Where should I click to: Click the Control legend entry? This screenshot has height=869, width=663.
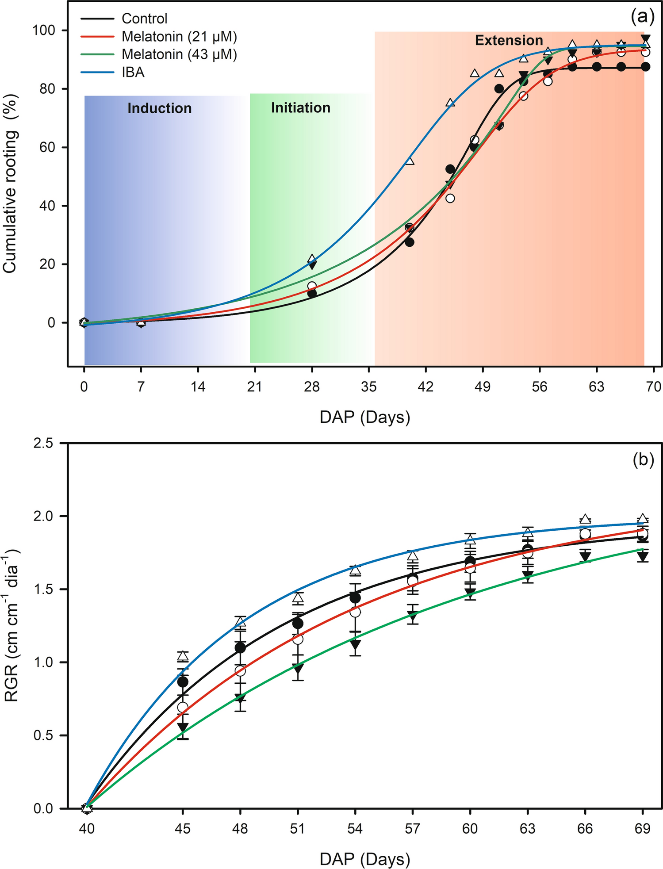(144, 19)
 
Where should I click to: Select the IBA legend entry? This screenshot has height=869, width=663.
(133, 72)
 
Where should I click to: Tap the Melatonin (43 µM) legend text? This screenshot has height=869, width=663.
(179, 54)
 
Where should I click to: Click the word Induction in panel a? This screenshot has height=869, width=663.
(159, 108)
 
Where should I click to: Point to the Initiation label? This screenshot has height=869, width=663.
(300, 108)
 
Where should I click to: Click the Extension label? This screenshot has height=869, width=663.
(509, 41)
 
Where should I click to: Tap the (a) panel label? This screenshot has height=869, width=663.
(642, 17)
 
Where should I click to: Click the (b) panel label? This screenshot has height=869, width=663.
(643, 460)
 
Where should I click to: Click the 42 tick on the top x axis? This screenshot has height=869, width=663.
(425, 387)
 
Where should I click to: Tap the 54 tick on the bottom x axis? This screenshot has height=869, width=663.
(355, 828)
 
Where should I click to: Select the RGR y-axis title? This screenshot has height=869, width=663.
(11, 626)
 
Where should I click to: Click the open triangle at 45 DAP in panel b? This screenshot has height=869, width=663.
(183, 656)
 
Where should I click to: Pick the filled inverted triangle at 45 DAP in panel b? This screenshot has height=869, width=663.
(183, 727)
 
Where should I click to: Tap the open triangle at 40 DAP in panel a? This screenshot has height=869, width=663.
(410, 161)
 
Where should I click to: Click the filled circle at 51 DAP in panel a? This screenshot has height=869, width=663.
(499, 89)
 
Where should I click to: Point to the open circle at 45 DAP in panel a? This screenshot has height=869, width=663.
(450, 199)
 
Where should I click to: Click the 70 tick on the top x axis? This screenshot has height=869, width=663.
(654, 387)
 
